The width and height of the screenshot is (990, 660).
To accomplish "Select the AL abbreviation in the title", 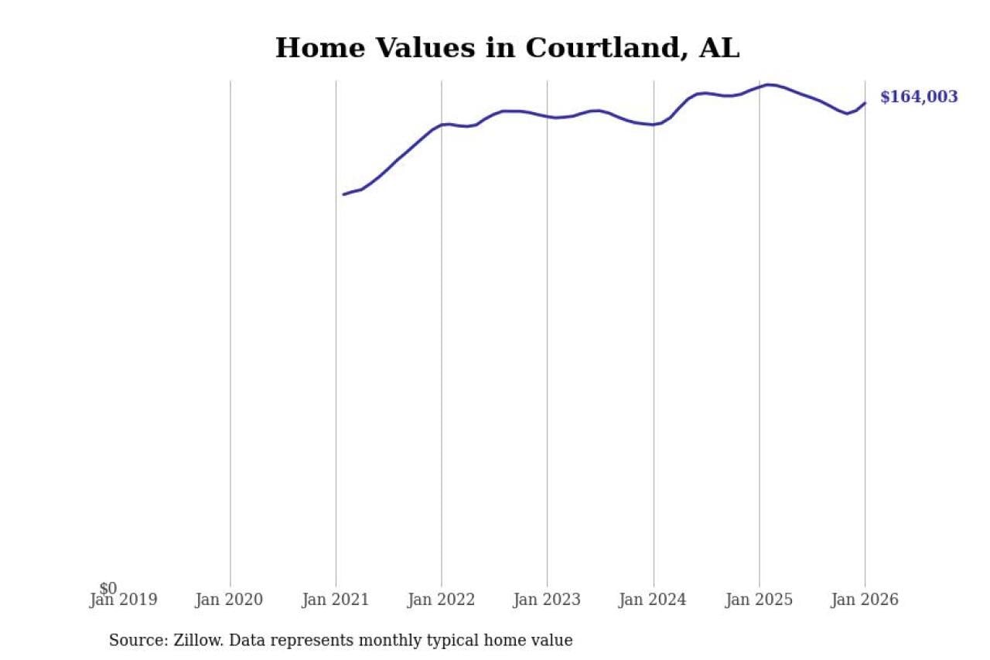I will [719, 48].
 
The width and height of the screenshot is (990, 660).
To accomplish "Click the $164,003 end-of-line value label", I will [919, 97].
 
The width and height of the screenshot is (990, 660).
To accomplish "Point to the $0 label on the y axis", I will [108, 589].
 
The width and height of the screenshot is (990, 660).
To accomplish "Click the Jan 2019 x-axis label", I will [124, 600].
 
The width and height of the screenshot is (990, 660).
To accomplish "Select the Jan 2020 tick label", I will [229, 600].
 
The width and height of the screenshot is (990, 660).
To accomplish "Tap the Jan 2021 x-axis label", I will [336, 600].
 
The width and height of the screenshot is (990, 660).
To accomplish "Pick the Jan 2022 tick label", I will [441, 600].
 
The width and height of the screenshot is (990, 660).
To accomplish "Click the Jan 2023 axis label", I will [547, 600].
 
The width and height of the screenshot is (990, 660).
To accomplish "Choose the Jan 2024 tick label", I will [653, 600].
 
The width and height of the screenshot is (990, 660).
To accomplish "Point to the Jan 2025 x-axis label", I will [759, 600].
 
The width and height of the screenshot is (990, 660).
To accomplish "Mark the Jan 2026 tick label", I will [865, 600].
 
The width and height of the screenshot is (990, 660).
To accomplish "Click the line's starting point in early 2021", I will [344, 194].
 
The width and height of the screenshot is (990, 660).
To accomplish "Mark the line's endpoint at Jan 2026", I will [865, 103].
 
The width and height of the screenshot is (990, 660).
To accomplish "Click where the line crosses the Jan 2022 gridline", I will [442, 125].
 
